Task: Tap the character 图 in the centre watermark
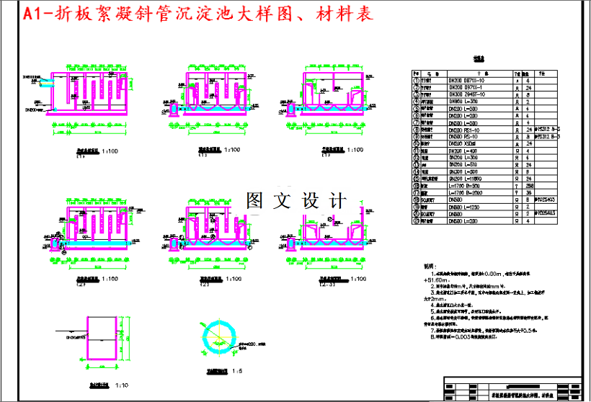click(257, 201)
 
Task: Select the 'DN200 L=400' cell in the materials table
click(465, 151)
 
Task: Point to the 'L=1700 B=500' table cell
click(466, 185)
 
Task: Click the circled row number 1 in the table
click(417, 81)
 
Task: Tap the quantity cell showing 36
click(528, 192)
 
